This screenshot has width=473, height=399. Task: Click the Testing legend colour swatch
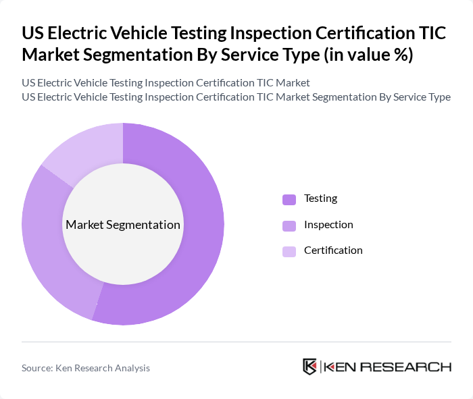[x=289, y=199]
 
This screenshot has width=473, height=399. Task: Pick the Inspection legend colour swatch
[x=289, y=225]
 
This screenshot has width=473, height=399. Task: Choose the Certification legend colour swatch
[x=289, y=251]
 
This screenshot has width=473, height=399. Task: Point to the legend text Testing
[x=320, y=198]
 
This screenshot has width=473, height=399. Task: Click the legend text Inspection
[x=328, y=225]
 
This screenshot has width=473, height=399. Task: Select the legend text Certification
[x=333, y=250]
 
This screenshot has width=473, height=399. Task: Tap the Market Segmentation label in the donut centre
[x=123, y=225]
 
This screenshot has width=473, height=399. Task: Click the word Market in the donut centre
[x=84, y=225]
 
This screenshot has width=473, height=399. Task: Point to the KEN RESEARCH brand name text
[x=388, y=367]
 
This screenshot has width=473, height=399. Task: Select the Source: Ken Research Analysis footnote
[x=86, y=368]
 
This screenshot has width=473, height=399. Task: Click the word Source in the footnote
[x=37, y=368]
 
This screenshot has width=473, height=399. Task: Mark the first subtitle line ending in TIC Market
[x=166, y=83]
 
